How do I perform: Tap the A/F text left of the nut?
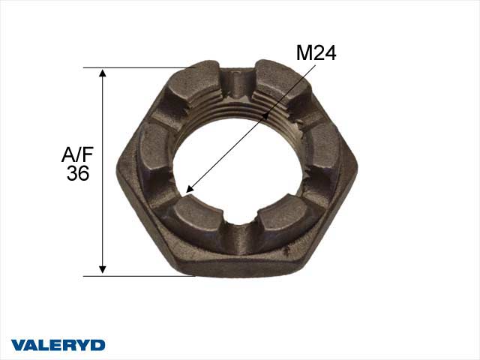tap(76, 155)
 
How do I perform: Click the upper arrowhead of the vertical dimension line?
tap(103, 73)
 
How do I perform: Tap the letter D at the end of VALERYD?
tap(97, 345)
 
